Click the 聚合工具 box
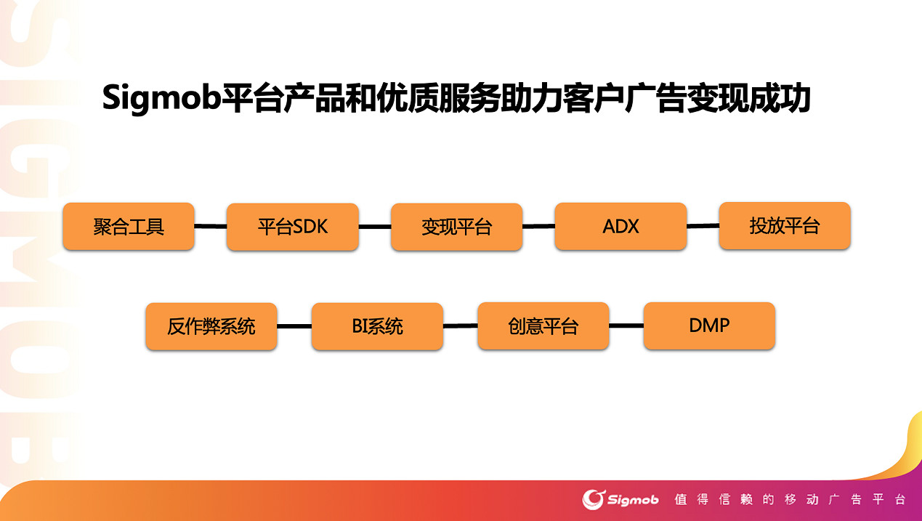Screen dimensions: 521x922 (129, 227)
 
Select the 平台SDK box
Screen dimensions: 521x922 (292, 227)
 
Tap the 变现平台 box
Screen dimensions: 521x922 (456, 227)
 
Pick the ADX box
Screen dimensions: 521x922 (620, 226)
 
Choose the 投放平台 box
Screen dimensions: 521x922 (784, 226)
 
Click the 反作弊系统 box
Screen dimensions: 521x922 (211, 326)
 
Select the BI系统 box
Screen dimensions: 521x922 (377, 326)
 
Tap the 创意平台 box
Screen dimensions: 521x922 (543, 326)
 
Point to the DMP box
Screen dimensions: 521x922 (709, 326)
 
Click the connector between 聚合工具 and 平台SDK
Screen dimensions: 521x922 (211, 227)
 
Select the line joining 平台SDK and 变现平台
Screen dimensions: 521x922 (375, 227)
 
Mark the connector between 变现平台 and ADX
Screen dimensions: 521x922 (538, 226)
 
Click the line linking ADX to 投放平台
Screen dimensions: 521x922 (703, 226)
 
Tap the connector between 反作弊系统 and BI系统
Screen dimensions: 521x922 (294, 326)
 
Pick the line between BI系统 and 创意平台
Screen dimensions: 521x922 (460, 326)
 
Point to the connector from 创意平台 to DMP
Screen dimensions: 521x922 (626, 326)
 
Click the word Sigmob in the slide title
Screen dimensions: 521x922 (161, 99)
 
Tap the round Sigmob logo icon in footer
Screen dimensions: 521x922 (594, 499)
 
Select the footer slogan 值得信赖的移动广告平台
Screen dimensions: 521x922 (790, 500)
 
